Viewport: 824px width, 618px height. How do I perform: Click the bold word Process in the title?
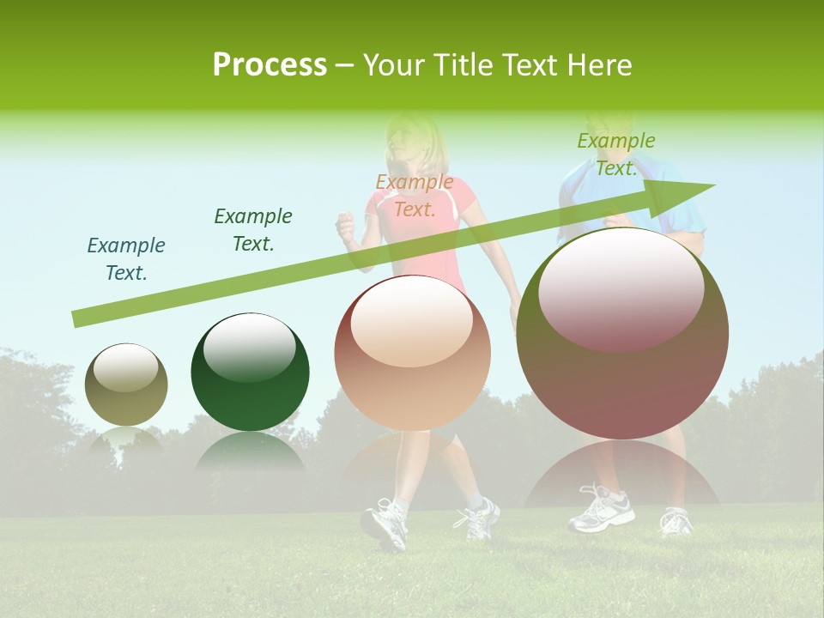[270, 64]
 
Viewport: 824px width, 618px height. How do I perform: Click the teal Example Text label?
[126, 259]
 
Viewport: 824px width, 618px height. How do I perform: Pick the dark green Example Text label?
[253, 230]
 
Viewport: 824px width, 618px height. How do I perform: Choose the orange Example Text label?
[415, 196]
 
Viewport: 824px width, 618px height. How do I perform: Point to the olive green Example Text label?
[616, 154]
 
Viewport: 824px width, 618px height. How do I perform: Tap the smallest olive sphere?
[126, 385]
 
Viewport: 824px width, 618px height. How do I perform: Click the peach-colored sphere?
[413, 354]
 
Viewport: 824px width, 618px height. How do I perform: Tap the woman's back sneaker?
[478, 517]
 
